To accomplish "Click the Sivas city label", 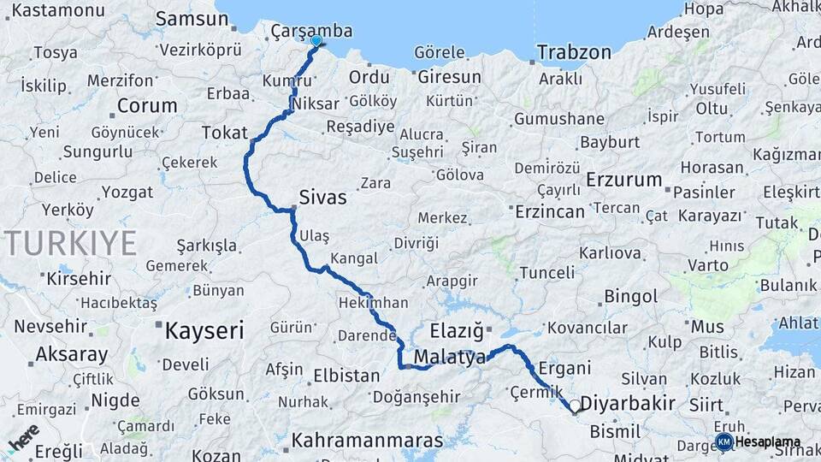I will [x=322, y=198].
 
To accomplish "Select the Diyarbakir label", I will [x=628, y=403].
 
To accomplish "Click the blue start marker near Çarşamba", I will [x=316, y=40].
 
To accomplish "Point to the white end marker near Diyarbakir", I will [x=576, y=406].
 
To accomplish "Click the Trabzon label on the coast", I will [x=574, y=52].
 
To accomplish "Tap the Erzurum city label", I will [x=624, y=180].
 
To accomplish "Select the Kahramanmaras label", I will [x=368, y=441].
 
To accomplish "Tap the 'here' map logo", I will [x=24, y=436].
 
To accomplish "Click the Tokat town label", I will [x=224, y=133].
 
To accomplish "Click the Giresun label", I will [x=450, y=77].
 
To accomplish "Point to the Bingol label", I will [x=630, y=297].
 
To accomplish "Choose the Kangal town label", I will [x=353, y=258].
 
